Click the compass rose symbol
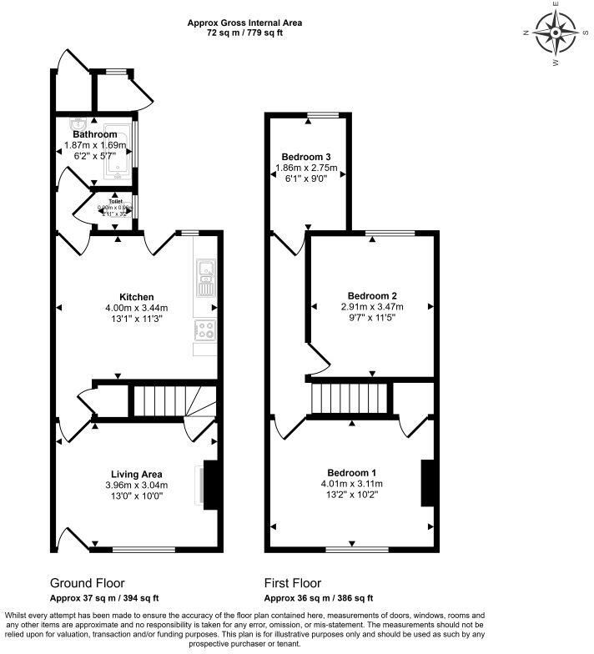[x=555, y=33]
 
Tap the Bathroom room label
[x=94, y=134]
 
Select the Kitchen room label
[x=136, y=297]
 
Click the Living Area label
[x=136, y=475]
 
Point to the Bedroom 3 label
[x=305, y=157]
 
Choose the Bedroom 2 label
[x=371, y=296]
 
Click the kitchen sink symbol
[x=206, y=279]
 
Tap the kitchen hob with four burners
[x=205, y=330]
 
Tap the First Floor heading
[x=293, y=583]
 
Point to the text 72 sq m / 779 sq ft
[x=244, y=33]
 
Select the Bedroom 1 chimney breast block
[x=429, y=482]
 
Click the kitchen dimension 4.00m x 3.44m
[x=136, y=309]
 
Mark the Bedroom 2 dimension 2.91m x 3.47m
[x=371, y=308]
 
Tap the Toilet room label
[x=113, y=201]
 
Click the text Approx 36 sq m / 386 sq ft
[x=318, y=598]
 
